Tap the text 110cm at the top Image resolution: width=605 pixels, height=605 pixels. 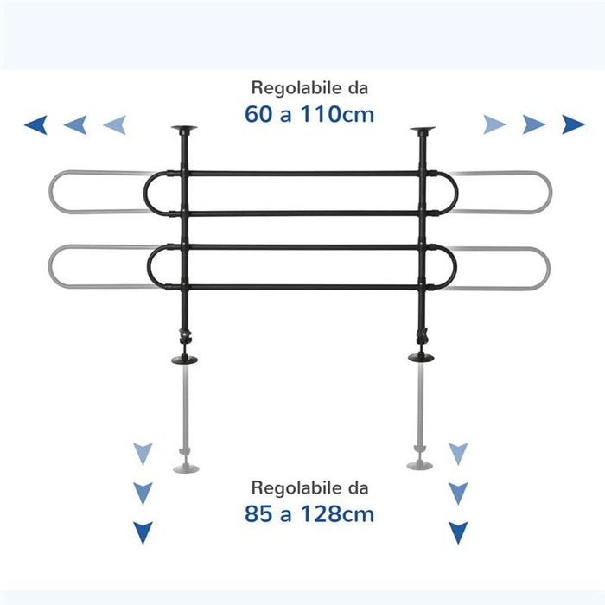click(x=337, y=115)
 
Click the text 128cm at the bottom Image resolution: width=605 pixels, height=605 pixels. click(x=337, y=514)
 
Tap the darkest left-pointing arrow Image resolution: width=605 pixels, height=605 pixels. click(x=36, y=124)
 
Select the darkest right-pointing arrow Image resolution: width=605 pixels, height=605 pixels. click(x=573, y=124)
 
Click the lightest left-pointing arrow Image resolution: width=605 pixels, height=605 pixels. click(x=115, y=124)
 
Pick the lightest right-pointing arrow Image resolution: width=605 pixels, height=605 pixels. click(x=494, y=124)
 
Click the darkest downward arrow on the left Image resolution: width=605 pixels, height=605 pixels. click(x=143, y=532)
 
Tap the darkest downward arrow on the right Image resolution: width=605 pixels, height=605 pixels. click(x=458, y=532)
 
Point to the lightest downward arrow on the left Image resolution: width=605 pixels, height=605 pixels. click(x=143, y=454)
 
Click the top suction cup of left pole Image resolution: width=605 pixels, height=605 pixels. click(x=184, y=129)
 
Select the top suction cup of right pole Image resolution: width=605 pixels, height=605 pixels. click(x=423, y=130)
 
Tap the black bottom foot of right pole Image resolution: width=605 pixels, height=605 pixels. click(x=421, y=357)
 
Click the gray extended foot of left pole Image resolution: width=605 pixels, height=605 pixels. click(x=186, y=468)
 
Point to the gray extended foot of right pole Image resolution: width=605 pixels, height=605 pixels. click(x=420, y=465)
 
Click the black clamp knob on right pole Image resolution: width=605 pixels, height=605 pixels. click(x=422, y=335)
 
